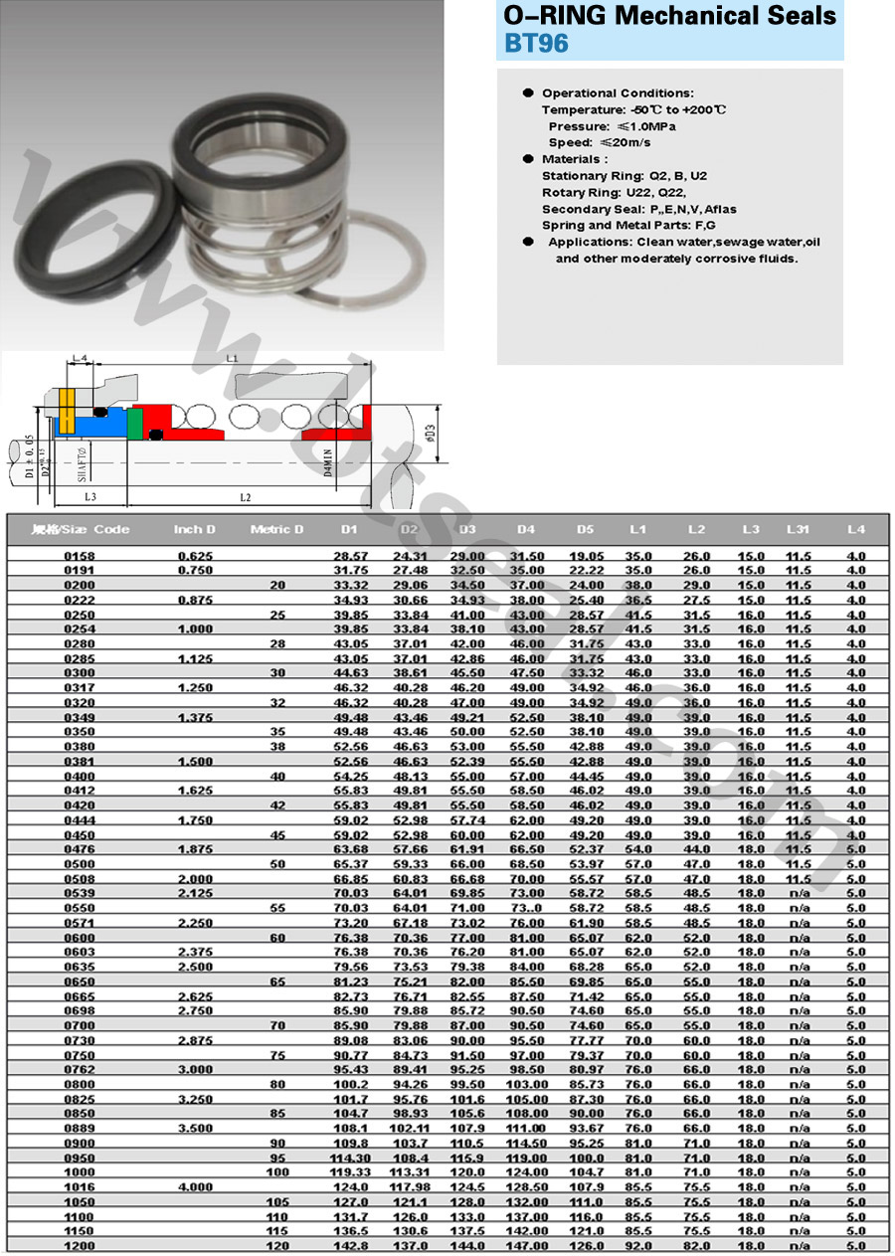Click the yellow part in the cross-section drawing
tap(67, 411)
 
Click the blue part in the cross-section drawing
tap(94, 425)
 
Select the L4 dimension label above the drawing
tap(81, 357)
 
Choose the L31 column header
tap(798, 529)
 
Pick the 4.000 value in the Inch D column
tap(195, 1186)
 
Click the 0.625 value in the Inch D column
tap(195, 556)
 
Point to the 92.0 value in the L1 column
tap(638, 1246)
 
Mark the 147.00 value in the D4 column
tap(526, 1246)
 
